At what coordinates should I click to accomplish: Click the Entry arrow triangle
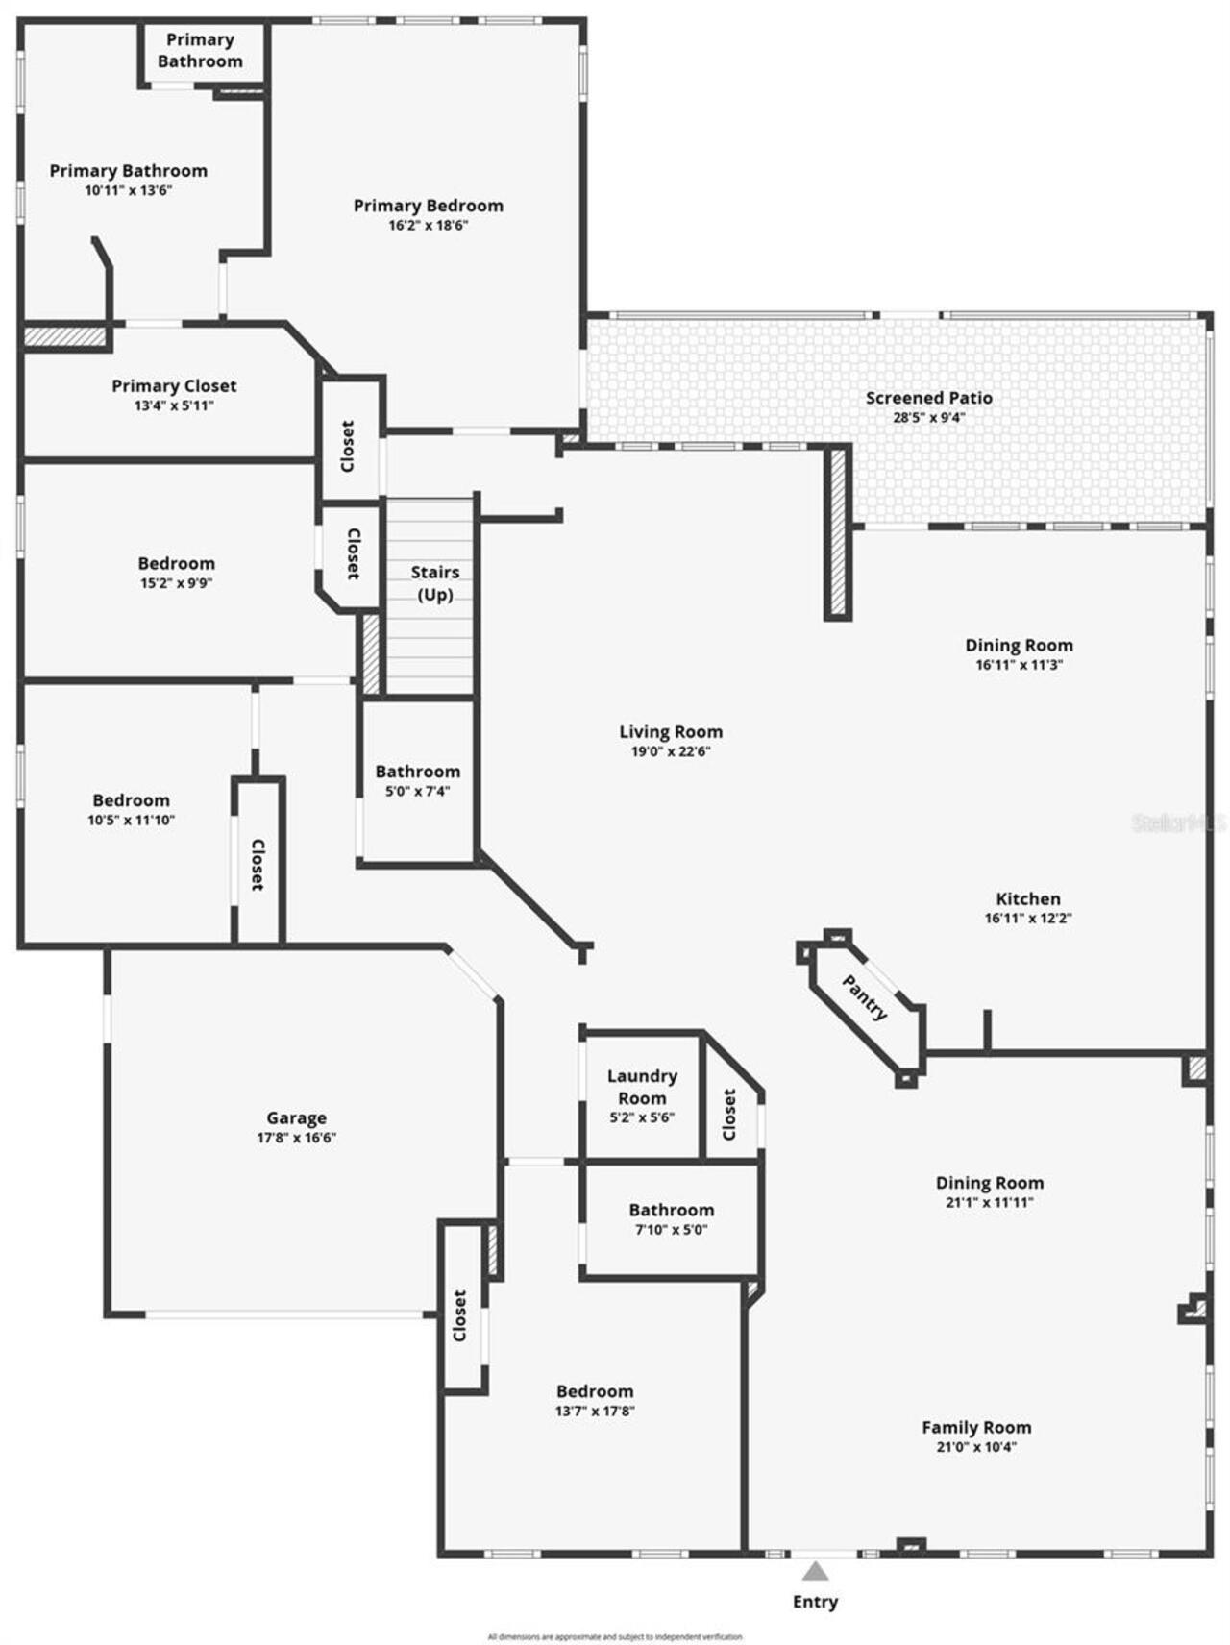pyautogui.click(x=815, y=1572)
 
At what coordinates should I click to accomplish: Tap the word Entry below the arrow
pyautogui.click(x=815, y=1602)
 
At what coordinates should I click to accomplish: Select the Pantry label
pyautogui.click(x=865, y=997)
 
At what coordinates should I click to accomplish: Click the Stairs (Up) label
pyautogui.click(x=435, y=583)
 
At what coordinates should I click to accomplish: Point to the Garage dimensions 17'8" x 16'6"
pyautogui.click(x=296, y=1138)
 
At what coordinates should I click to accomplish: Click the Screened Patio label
pyautogui.click(x=928, y=398)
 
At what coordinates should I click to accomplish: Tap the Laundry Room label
pyautogui.click(x=642, y=1087)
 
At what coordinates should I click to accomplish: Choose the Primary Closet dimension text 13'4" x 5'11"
pyautogui.click(x=174, y=406)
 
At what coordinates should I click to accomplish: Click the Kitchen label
pyautogui.click(x=1028, y=899)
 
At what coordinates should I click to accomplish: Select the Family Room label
pyautogui.click(x=976, y=1428)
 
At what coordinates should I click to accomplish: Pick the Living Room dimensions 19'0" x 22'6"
pyautogui.click(x=671, y=752)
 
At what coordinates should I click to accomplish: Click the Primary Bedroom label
pyautogui.click(x=428, y=206)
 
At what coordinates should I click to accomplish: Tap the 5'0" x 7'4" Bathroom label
pyautogui.click(x=417, y=772)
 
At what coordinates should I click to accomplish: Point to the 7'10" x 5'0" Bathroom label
pyautogui.click(x=671, y=1210)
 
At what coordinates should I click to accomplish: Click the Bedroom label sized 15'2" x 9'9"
pyautogui.click(x=176, y=564)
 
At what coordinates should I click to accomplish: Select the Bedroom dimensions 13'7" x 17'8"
pyautogui.click(x=595, y=1412)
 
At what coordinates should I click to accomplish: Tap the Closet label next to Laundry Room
pyautogui.click(x=729, y=1115)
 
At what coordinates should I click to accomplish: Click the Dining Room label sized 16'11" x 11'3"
pyautogui.click(x=1019, y=646)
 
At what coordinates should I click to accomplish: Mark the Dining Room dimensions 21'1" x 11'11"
pyautogui.click(x=990, y=1203)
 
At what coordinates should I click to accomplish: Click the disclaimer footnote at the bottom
pyautogui.click(x=615, y=1637)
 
